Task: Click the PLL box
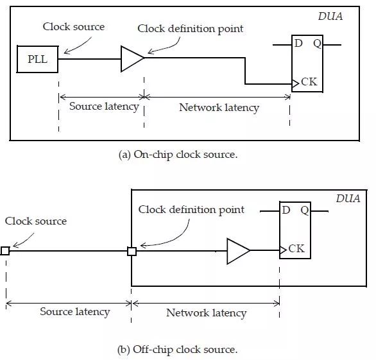37,60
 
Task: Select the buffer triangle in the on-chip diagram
132,60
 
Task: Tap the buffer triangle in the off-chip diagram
237,251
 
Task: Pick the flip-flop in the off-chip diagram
295,230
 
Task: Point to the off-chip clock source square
5,251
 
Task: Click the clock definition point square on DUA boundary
132,251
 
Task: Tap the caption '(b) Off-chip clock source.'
185,350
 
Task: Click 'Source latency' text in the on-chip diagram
103,107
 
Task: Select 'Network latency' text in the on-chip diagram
218,107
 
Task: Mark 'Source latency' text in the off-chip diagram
74,312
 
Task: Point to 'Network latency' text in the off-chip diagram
206,313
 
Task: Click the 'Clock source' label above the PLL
73,27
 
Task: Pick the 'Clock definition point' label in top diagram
191,29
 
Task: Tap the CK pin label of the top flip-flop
309,83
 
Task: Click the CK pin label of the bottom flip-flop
296,248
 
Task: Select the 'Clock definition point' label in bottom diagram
191,209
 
